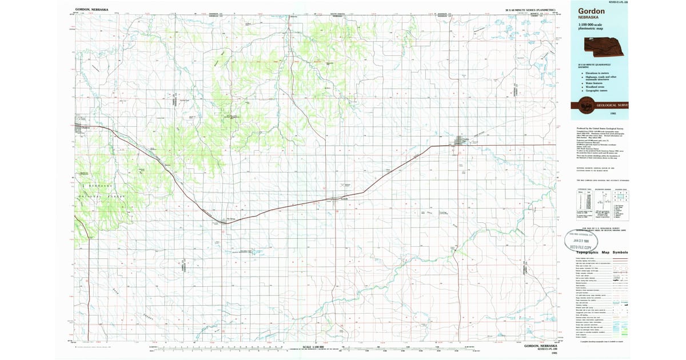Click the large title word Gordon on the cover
click(592, 11)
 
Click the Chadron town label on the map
click(86, 128)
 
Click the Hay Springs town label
click(231, 219)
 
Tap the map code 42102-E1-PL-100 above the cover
click(614, 2)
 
